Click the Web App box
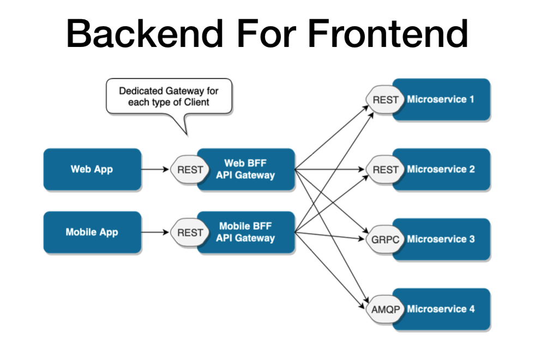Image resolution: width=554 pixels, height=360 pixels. [92, 169]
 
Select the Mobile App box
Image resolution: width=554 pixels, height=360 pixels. [92, 232]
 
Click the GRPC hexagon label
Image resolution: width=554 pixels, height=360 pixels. [386, 239]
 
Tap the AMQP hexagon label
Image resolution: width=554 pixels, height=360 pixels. [386, 309]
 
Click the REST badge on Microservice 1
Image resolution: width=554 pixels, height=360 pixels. [386, 100]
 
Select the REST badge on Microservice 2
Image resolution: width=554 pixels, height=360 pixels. [386, 170]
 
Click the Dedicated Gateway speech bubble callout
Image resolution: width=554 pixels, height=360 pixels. [169, 97]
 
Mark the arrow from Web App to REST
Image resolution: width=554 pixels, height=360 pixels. [155, 170]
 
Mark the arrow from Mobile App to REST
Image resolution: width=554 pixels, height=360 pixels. [155, 233]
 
